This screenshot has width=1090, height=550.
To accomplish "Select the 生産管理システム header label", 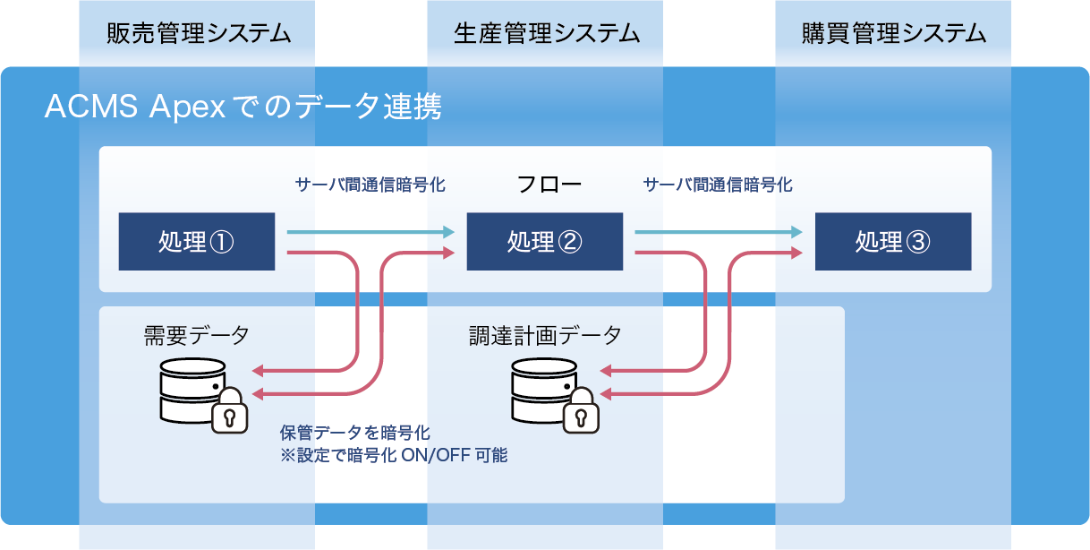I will (547, 34).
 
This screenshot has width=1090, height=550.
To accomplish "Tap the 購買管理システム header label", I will (894, 34).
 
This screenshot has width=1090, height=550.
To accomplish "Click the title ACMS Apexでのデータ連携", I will (243, 108).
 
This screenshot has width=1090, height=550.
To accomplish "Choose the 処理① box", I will (196, 242).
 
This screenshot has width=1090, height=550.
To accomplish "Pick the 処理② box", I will (544, 242).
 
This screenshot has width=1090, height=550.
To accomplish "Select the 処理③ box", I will (892, 242).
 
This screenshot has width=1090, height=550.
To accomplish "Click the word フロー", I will (549, 185).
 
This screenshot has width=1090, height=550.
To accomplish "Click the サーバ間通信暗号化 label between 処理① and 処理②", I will (370, 185).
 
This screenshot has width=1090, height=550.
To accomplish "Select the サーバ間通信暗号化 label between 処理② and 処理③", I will (718, 185).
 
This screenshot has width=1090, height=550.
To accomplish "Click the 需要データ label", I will (197, 336).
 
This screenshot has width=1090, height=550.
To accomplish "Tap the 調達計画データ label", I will (545, 336).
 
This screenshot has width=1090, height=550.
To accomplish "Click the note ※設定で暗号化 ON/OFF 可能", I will (394, 455).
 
